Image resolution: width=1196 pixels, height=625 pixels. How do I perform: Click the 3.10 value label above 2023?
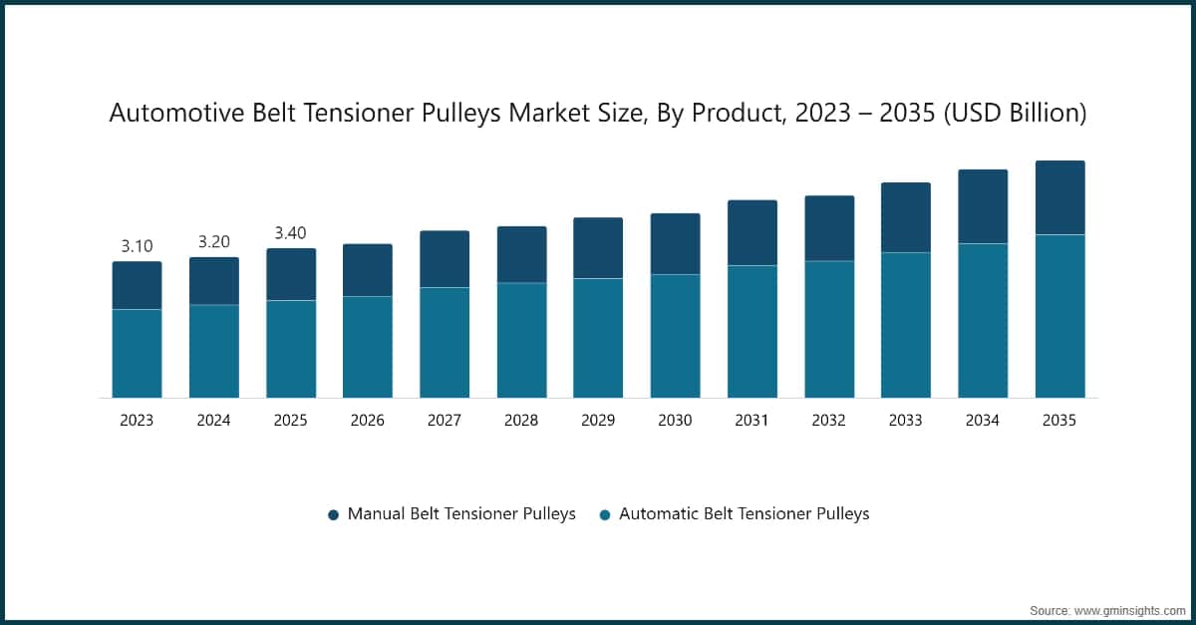(x=137, y=246)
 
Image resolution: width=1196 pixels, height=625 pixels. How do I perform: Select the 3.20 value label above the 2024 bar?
(x=213, y=241)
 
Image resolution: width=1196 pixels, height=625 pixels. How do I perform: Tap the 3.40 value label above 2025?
(x=290, y=233)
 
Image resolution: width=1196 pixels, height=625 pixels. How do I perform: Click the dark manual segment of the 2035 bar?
(x=1059, y=197)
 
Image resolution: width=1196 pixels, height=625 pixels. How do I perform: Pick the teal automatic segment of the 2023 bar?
(x=137, y=354)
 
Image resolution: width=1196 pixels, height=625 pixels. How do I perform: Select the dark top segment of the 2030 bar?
(x=675, y=244)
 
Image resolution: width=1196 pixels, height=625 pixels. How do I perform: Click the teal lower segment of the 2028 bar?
(x=521, y=341)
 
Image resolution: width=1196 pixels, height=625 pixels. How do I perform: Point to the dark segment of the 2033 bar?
(x=905, y=217)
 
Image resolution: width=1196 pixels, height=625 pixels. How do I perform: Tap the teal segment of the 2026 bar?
(x=368, y=347)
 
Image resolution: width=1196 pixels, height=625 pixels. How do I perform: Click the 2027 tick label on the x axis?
(x=445, y=421)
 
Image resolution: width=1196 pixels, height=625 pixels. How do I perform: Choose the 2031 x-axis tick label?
(x=751, y=421)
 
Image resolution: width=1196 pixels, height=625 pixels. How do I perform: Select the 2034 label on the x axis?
(x=983, y=421)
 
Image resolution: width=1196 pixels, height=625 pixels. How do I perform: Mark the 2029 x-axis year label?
(x=598, y=421)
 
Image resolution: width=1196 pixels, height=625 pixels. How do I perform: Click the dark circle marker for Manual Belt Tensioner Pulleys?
(x=333, y=515)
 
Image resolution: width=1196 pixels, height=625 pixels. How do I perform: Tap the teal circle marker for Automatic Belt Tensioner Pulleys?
(x=604, y=515)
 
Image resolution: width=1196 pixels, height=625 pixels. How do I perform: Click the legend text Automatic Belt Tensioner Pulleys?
(x=744, y=514)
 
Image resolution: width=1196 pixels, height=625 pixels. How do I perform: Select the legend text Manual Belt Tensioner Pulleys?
(x=461, y=514)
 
